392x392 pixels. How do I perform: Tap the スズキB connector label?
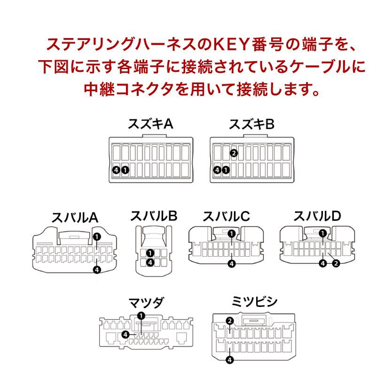(251, 125)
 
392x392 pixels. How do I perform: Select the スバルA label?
(74, 218)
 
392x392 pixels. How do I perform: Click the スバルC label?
(226, 216)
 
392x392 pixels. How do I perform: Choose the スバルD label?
(317, 216)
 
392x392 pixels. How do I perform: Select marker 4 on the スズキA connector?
(116, 170)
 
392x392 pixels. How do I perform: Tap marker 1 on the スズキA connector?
(125, 170)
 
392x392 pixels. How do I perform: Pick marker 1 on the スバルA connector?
(97, 236)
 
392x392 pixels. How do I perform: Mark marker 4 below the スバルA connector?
(97, 270)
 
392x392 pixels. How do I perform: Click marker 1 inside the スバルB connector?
(150, 253)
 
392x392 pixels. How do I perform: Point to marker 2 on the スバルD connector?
(336, 263)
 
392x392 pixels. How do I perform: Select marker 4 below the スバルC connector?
(232, 263)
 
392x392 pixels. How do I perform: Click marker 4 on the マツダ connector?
(125, 334)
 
